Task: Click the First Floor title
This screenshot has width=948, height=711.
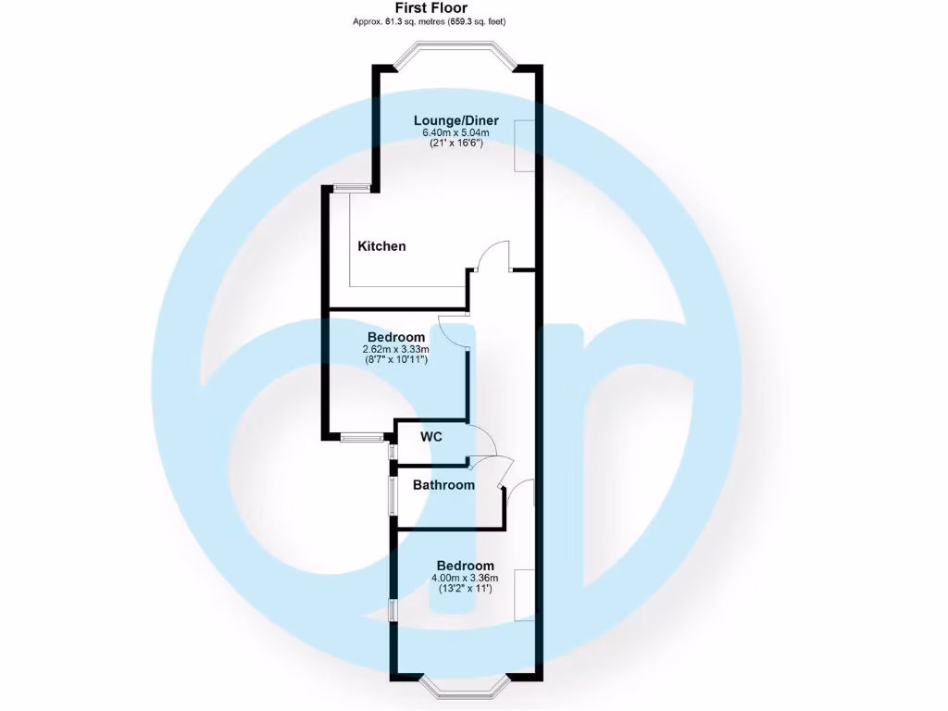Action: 431,7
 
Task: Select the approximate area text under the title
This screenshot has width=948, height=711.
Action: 430,22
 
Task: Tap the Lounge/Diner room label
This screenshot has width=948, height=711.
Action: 455,120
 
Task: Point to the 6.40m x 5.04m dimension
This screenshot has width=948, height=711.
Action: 455,133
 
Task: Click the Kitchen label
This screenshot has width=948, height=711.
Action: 381,246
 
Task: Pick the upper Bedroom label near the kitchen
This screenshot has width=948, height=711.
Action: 396,337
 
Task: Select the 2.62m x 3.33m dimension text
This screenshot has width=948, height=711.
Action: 395,349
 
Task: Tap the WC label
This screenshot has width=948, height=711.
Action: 431,437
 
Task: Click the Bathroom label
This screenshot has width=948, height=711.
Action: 443,485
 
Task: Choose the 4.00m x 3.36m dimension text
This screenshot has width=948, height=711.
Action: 465,578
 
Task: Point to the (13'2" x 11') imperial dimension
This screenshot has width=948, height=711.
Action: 465,588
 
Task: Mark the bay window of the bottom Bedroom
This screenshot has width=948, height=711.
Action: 466,688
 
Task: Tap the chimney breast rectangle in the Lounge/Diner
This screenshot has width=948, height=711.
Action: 524,145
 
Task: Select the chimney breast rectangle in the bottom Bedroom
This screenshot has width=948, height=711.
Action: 524,594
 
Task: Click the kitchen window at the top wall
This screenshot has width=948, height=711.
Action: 351,188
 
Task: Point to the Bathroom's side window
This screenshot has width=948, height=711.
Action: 393,495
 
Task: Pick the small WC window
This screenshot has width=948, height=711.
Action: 392,452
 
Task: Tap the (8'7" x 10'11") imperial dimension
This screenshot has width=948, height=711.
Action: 395,360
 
